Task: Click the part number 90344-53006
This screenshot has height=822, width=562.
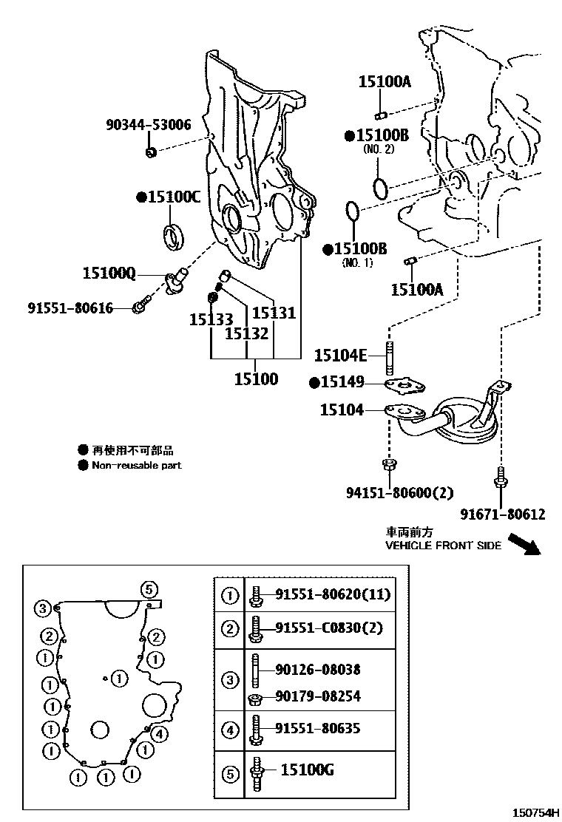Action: click(149, 125)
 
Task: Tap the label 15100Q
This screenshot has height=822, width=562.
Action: click(109, 273)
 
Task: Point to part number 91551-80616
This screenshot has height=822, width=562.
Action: click(70, 308)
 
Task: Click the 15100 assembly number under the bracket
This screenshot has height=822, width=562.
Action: click(257, 378)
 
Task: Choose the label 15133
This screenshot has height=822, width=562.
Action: click(211, 319)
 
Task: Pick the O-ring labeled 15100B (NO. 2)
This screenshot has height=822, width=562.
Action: click(381, 188)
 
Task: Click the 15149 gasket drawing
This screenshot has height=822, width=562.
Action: click(404, 387)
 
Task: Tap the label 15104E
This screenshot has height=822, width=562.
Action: click(340, 356)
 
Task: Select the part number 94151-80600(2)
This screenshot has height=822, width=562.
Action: click(399, 493)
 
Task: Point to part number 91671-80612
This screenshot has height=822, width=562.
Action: click(503, 514)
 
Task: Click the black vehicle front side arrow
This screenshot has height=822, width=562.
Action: click(524, 544)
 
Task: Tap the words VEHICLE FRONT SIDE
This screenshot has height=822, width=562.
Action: click(443, 546)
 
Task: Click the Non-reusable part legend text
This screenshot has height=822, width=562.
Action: click(136, 465)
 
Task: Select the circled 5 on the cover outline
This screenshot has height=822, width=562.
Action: click(149, 590)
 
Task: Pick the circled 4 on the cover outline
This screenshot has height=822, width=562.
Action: click(160, 735)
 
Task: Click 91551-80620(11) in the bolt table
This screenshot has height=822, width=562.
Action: click(333, 594)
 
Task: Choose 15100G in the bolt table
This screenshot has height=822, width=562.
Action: click(307, 770)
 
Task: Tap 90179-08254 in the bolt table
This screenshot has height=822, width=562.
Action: click(318, 696)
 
